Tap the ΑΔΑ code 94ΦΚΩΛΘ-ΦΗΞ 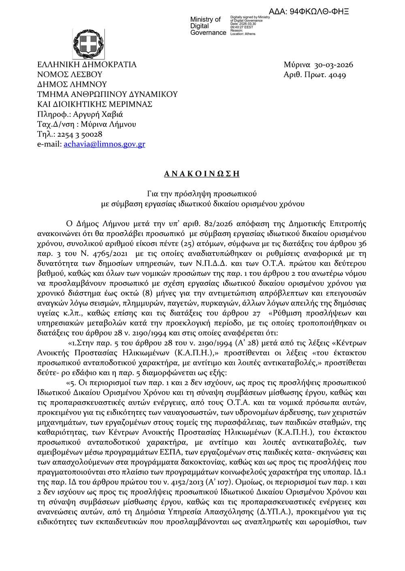pos(309,11)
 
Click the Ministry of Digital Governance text pos(208,26)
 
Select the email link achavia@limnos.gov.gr pos(104,144)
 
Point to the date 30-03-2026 pos(334,65)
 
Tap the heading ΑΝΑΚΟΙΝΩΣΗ pos(202,174)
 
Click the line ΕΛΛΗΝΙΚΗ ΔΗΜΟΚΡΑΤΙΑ pos(87,65)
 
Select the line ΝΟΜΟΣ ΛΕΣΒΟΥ pos(70,75)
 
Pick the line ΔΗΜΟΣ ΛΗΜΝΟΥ pos(72,85)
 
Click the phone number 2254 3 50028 pos(77,134)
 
